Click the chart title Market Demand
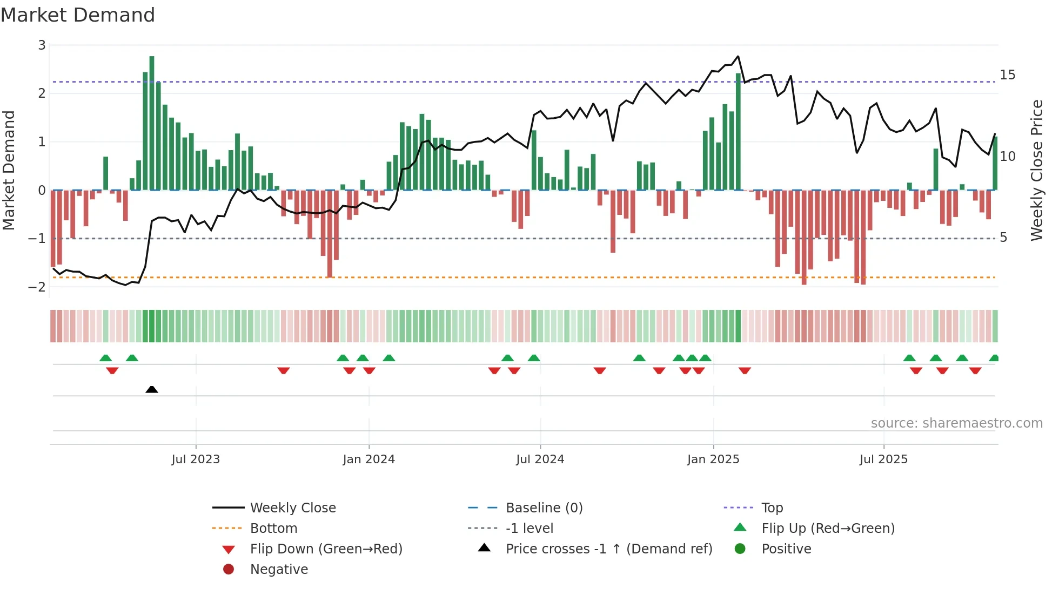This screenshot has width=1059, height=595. [x=78, y=15]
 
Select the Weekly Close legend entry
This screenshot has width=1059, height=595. [x=292, y=508]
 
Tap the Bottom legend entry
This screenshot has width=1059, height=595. [x=273, y=528]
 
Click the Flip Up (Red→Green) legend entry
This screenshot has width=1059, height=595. [x=827, y=528]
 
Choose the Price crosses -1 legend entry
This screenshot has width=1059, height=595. [x=608, y=549]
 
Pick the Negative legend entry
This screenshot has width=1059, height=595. [x=279, y=569]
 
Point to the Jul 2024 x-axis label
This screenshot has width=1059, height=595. [x=540, y=459]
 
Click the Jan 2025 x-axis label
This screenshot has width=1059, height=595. [x=713, y=459]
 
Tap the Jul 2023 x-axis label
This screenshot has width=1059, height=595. [x=196, y=459]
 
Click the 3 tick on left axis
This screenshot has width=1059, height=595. [x=42, y=45]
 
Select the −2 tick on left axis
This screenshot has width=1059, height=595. [x=37, y=287]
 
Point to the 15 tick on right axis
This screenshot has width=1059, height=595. [x=1007, y=75]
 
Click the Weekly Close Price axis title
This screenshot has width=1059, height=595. [x=1036, y=170]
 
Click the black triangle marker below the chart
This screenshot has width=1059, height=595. [x=152, y=389]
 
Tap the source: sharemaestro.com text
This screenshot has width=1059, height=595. [x=956, y=423]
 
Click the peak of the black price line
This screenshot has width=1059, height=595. [x=738, y=56]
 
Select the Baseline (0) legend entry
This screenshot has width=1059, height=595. [x=544, y=508]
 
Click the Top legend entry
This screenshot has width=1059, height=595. [x=772, y=508]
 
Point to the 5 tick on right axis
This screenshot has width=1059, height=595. [x=1003, y=238]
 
